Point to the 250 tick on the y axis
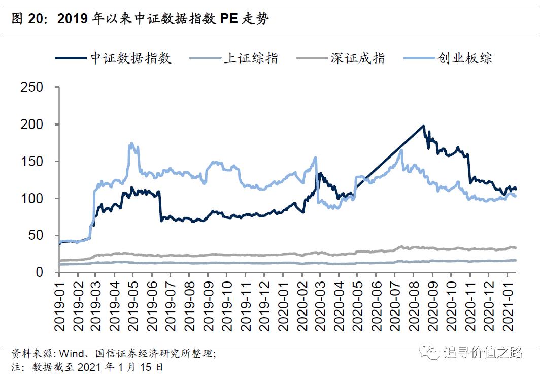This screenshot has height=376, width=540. [33, 87]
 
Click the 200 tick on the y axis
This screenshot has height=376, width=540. [33, 124]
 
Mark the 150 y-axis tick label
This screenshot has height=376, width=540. [33, 162]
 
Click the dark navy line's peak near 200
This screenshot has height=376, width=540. [423, 126]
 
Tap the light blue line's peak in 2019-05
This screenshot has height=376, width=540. [131, 143]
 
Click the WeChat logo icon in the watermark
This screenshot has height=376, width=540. [433, 352]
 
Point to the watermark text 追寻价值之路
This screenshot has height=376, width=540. [482, 352]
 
